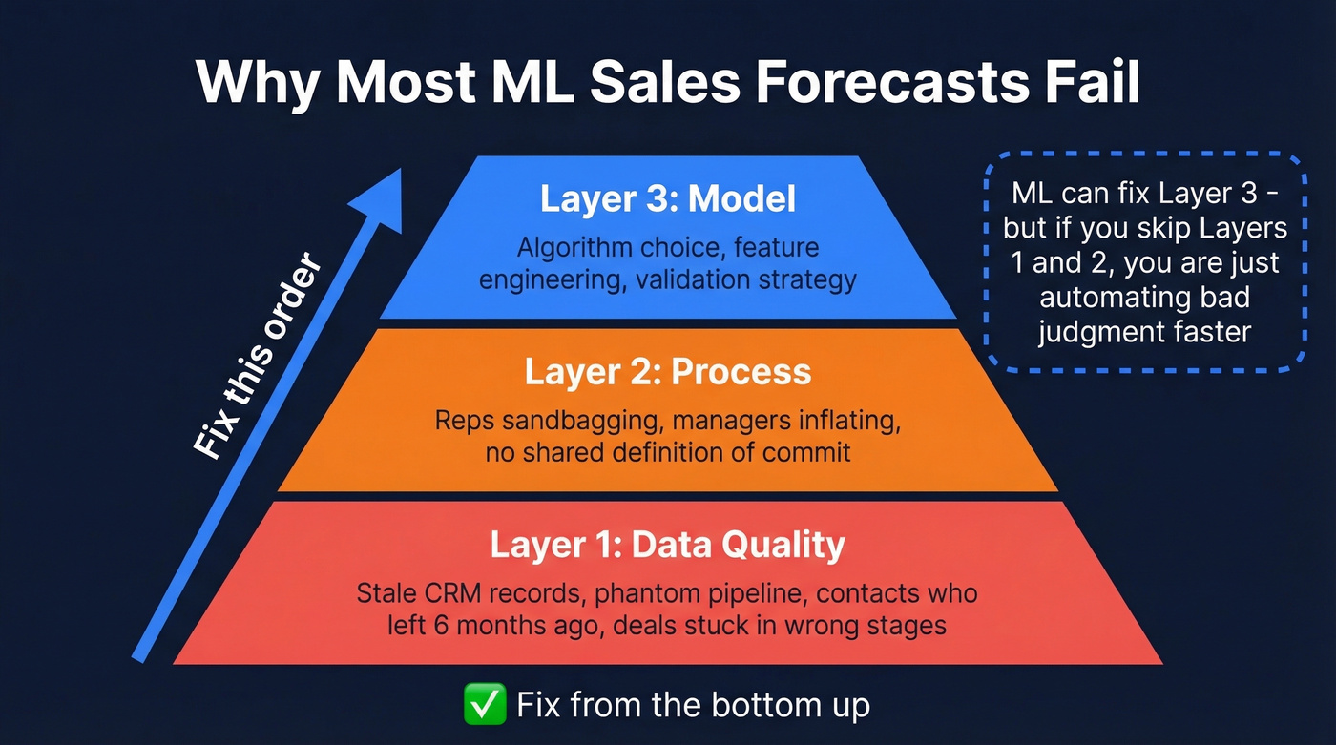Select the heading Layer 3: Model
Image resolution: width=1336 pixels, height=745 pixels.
pyautogui.click(x=667, y=199)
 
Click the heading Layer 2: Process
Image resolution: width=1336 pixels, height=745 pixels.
pyautogui.click(x=667, y=372)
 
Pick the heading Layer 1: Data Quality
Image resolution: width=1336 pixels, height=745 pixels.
pyautogui.click(x=667, y=545)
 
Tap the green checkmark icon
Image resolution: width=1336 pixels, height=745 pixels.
pyautogui.click(x=484, y=705)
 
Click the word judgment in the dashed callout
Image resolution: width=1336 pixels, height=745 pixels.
pyautogui.click(x=1096, y=331)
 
